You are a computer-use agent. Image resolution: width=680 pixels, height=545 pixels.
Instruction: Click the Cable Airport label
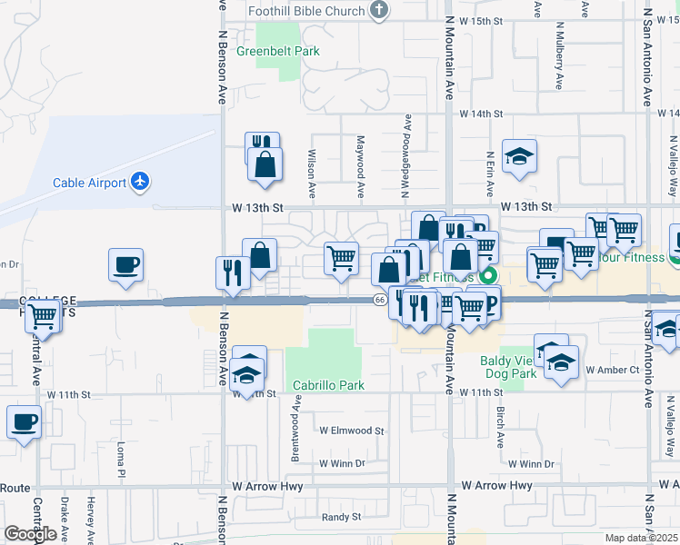point(89,183)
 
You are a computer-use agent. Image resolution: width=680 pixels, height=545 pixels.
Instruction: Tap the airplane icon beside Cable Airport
point(140,182)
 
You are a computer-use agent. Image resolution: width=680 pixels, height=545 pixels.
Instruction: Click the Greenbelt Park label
point(278,52)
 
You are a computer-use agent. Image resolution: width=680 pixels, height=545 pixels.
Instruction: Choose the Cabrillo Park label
point(328,385)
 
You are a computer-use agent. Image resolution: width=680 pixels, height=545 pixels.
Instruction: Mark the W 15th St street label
point(481,20)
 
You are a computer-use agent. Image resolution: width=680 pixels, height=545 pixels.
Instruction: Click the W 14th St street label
point(481,114)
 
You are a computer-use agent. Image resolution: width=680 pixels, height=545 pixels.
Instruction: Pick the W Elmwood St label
point(352,431)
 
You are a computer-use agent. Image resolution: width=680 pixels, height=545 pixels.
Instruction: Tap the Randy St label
point(342,517)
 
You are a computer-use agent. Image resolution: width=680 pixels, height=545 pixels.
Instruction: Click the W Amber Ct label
point(613,370)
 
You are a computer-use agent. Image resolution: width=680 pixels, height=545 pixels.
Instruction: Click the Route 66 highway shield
point(379,301)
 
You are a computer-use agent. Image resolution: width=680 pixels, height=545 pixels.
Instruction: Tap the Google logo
point(30,534)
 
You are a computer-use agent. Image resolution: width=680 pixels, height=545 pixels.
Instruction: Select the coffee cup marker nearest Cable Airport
point(125,265)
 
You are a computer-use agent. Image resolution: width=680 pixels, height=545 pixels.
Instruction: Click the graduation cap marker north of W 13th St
point(519,157)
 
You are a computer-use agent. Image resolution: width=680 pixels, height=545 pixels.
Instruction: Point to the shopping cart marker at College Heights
point(42,317)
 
